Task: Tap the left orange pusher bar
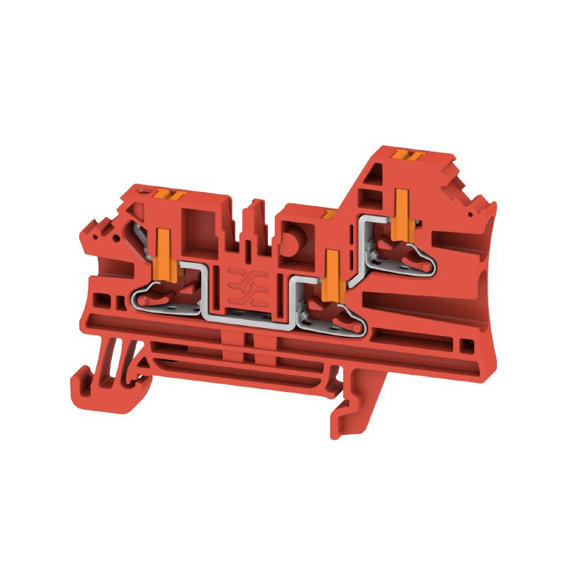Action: click(x=162, y=250)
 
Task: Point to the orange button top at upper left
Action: click(x=170, y=194)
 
